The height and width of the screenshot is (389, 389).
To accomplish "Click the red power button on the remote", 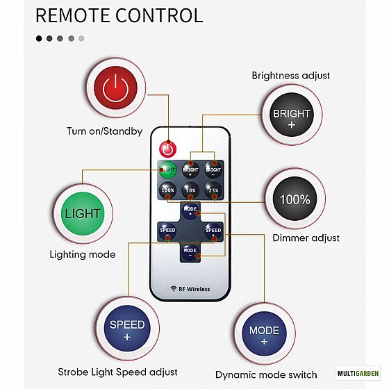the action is coord(167,149).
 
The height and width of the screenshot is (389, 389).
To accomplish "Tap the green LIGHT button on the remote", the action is coord(167,170).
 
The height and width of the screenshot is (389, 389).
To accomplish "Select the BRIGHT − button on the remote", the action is coord(213,170).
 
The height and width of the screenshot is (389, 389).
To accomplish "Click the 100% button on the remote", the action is coord(167,190).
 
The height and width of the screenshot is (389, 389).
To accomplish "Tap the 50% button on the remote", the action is coord(190,190).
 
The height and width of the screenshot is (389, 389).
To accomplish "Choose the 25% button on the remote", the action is coord(213,190).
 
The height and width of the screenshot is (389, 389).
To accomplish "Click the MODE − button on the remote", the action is coord(190,252).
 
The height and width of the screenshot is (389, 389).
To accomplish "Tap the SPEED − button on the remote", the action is coord(167,232).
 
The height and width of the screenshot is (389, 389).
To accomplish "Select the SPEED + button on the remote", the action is coord(213,232).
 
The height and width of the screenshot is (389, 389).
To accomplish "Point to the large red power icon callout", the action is coord(115,88).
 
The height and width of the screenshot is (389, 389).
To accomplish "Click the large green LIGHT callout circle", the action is coord(83,214).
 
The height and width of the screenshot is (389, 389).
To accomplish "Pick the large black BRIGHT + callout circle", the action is coord(292,115).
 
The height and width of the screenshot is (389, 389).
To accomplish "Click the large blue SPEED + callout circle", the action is coord(127,328).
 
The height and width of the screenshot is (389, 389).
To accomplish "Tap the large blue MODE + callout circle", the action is coord(264,333).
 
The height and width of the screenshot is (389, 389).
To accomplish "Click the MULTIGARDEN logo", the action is coord(358,373).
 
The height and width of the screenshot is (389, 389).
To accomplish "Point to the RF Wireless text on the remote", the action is coord(190,289).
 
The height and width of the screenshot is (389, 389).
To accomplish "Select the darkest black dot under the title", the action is coord(39,38).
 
